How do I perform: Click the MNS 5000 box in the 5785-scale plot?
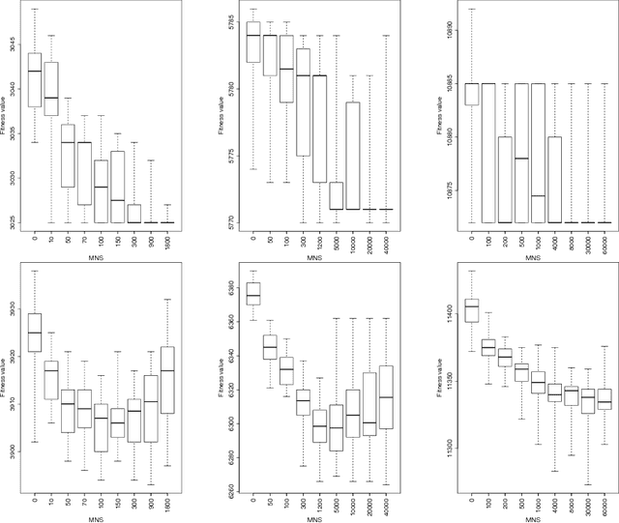pyautogui.click(x=335, y=195)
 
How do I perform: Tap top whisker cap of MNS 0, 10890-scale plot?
pyautogui.click(x=471, y=9)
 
